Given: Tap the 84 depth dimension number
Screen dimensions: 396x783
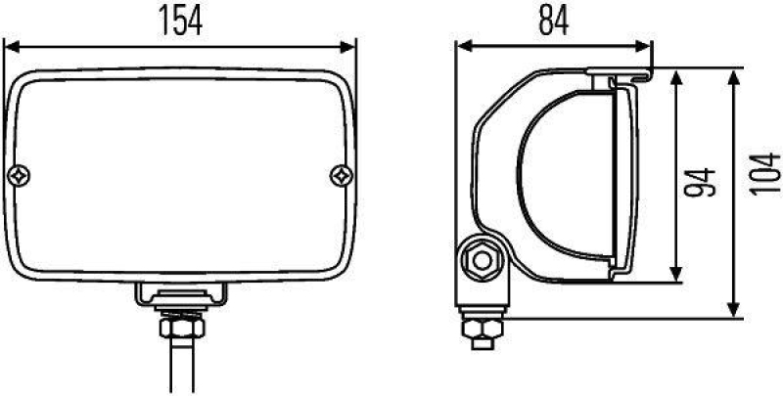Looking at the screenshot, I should click(553, 21).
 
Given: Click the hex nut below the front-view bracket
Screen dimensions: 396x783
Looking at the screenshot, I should click(179, 320).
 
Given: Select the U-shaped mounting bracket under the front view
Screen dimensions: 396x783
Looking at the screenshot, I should click(179, 293).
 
